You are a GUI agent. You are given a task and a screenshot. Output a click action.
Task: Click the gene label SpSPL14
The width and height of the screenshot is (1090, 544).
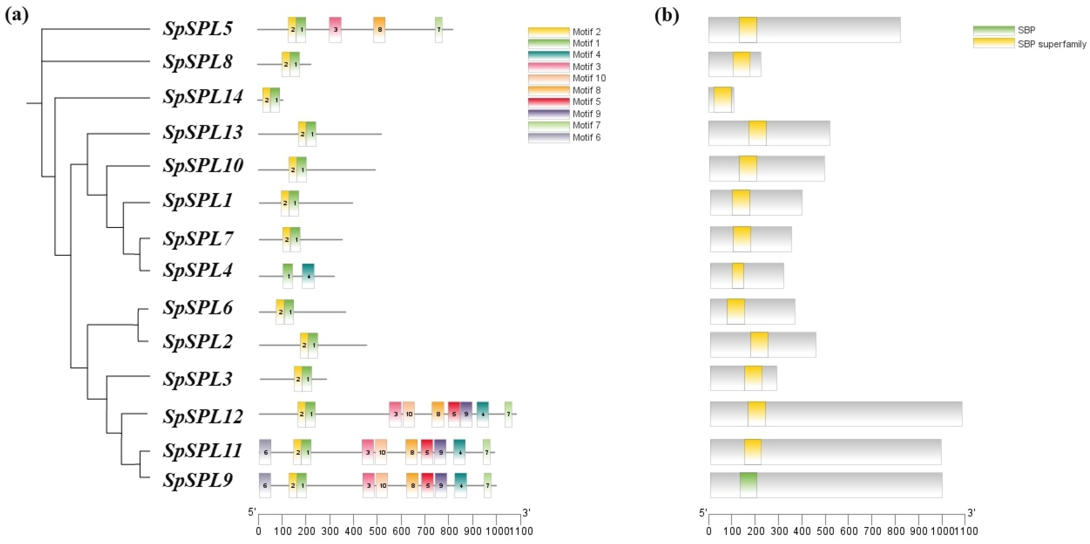tap(203, 97)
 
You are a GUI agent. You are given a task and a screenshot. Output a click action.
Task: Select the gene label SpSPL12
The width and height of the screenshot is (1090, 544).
tap(203, 416)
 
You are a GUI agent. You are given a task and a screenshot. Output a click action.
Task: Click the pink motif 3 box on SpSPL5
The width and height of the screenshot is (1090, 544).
tap(335, 30)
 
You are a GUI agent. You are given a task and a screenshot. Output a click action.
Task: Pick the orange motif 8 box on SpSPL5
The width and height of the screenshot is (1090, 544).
tap(379, 30)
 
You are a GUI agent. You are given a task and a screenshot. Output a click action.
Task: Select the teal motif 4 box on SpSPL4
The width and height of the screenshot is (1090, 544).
tap(308, 276)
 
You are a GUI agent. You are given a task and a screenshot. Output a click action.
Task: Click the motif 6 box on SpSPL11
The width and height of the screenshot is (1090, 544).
tap(265, 452)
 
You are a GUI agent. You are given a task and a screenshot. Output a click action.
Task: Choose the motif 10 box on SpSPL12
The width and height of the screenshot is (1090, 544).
tap(409, 414)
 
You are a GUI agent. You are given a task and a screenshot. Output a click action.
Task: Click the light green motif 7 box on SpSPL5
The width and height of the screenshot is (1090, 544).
tap(439, 30)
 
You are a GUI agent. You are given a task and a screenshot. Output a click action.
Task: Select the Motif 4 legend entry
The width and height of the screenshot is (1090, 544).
tap(586, 55)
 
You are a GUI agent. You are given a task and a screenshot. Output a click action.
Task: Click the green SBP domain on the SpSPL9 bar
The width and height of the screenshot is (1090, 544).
tap(748, 485)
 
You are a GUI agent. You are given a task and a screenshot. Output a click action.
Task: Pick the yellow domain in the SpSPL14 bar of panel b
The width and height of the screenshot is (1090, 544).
tap(723, 100)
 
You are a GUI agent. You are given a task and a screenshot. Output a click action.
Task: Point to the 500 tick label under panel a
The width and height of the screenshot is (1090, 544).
tap(378, 531)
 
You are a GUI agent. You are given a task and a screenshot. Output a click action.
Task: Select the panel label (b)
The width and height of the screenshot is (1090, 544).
tap(666, 16)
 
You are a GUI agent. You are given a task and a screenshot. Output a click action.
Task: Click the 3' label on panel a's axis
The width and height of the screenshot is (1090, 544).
tap(526, 513)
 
